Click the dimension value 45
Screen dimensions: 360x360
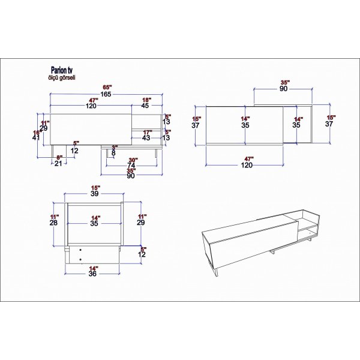145,106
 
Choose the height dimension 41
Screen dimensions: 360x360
36,137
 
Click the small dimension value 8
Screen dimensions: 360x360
114,152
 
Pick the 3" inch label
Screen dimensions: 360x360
114,146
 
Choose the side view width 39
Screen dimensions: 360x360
94,194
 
